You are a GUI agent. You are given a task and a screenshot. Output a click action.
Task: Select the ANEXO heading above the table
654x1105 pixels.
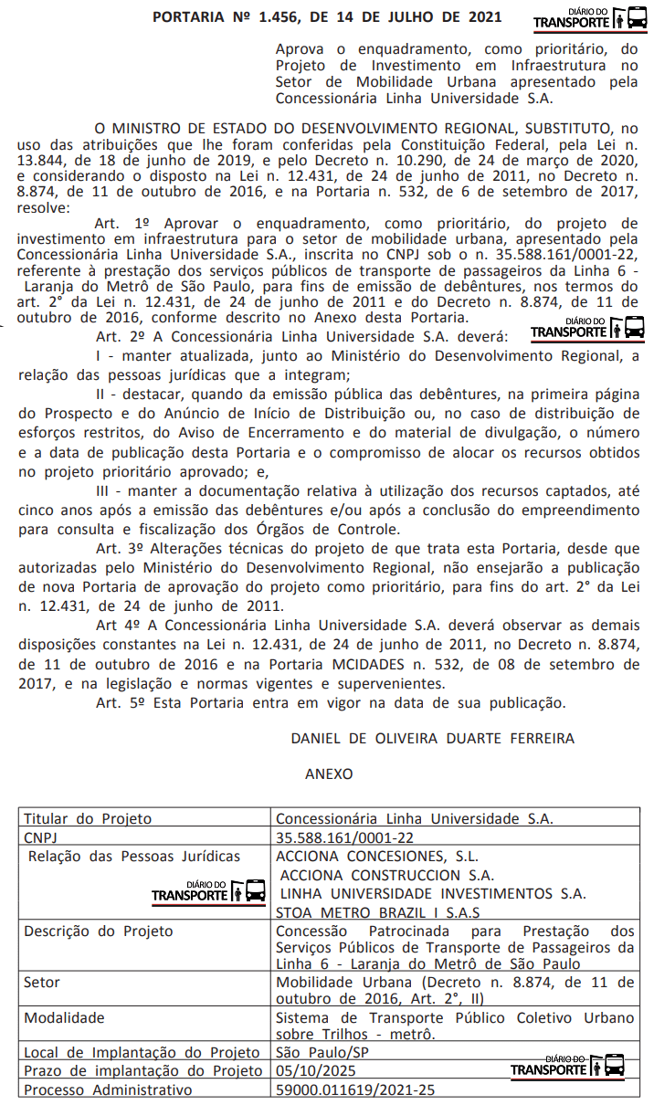(328, 773)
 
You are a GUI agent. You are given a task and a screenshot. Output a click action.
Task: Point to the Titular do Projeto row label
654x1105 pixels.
(88, 819)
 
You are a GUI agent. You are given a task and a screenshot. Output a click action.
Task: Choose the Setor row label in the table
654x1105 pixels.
(42, 983)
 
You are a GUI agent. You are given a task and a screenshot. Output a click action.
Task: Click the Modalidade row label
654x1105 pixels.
(64, 1017)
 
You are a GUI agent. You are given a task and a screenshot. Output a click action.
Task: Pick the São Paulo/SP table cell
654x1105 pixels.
(316, 1053)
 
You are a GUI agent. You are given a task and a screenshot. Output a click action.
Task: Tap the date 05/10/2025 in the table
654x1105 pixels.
(312, 1071)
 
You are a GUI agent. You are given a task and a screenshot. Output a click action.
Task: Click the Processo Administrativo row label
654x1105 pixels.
(109, 1089)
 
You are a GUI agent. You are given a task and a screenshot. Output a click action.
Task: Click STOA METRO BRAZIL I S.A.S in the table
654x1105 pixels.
(379, 911)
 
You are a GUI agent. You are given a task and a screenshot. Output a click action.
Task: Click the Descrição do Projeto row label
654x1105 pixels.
(99, 931)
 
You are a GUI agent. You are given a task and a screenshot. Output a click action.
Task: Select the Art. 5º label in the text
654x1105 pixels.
(121, 703)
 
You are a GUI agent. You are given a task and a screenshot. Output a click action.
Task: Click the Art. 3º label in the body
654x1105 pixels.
(121, 548)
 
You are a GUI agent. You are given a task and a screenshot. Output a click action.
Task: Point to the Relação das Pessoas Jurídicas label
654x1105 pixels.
(134, 857)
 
